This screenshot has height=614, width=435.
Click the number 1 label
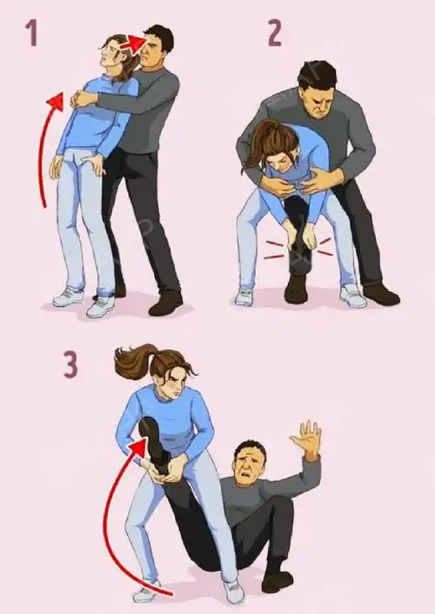point(32,33)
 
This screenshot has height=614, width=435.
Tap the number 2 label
point(275,33)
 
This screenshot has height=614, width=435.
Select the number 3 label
point(70,365)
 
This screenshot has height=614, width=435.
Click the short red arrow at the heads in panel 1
point(132,43)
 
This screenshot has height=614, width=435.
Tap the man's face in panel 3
point(248,464)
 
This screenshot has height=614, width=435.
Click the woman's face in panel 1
point(110,55)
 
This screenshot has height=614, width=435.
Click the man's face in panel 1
point(151,53)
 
